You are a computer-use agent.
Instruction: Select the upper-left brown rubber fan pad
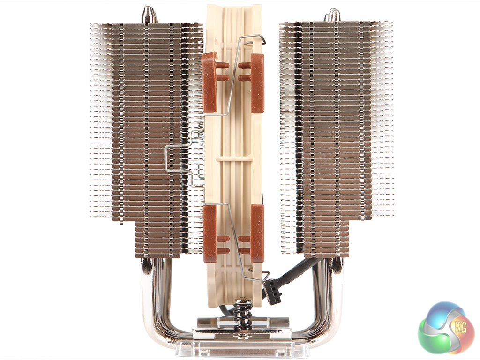[x=210, y=82]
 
